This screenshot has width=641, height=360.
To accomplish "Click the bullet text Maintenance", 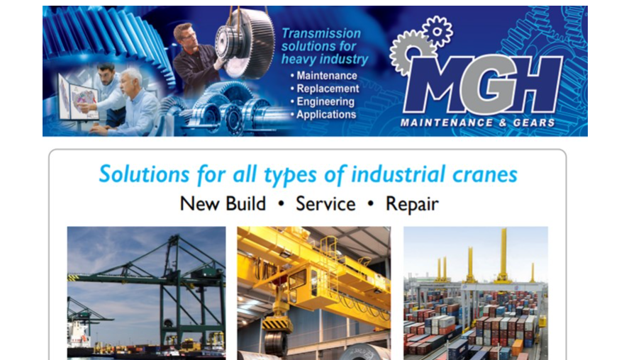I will (327, 76).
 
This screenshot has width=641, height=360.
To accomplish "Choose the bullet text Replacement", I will (328, 89).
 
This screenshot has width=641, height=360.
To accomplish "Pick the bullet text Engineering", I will (326, 101).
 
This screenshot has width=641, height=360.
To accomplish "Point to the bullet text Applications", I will (326, 114).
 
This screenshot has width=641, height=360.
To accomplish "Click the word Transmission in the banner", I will (321, 33).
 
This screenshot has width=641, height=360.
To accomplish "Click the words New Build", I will (223, 204).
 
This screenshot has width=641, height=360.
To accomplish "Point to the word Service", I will (325, 204).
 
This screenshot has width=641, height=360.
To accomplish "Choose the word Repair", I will (412, 204).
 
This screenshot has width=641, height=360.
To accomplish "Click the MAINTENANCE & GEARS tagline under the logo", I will (478, 123).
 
